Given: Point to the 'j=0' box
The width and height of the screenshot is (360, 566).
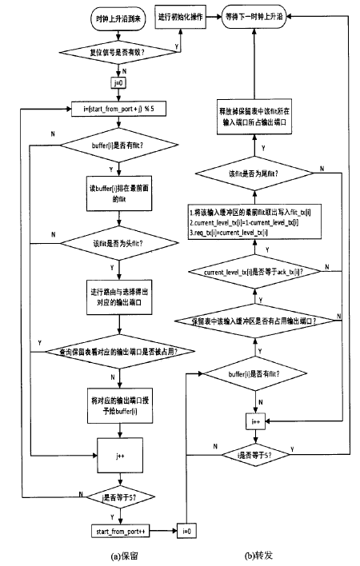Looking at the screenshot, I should coord(114,81).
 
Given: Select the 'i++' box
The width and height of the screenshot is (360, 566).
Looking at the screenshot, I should coord(254,418).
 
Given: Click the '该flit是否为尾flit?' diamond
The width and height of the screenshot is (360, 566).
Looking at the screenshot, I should coord(254,173).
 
